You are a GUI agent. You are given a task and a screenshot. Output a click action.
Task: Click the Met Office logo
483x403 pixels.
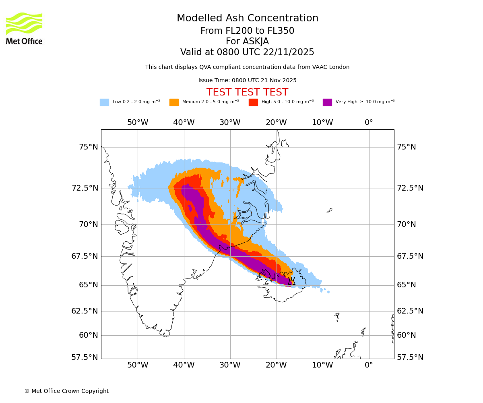tap(24, 29)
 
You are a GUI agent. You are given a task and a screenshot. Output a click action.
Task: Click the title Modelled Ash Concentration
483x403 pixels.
tap(248, 19)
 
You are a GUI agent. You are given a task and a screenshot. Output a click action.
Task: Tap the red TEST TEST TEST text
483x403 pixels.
tap(247, 92)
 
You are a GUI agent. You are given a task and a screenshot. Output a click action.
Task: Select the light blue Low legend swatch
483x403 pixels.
tap(104, 102)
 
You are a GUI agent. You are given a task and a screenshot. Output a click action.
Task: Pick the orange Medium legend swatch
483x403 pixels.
tap(174, 102)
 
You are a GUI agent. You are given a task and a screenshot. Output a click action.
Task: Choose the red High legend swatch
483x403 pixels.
tap(253, 102)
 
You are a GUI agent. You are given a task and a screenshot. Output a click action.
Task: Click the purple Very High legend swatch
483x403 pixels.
tap(327, 102)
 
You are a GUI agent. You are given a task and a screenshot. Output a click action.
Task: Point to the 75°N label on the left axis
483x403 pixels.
tap(88, 147)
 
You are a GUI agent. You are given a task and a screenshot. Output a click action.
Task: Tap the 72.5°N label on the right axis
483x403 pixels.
tap(410, 188)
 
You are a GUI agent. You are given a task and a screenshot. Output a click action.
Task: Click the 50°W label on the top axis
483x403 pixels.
tap(138, 123)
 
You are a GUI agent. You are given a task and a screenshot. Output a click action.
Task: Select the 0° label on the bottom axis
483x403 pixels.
tap(369, 365)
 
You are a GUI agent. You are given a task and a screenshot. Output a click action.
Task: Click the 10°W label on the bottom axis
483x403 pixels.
tap(322, 365)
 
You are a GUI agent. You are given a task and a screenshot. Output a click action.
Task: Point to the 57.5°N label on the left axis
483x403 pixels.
tap(85, 357)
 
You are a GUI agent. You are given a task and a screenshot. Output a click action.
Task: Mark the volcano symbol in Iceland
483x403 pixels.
tap(291, 281)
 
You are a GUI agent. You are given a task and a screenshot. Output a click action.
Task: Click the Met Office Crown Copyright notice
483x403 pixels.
tap(66, 391)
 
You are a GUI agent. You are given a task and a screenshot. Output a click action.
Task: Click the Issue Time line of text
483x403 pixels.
tap(247, 81)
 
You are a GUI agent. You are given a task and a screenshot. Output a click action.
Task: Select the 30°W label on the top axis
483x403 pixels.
tap(230, 123)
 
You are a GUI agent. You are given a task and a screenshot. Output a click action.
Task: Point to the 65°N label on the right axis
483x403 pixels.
tap(407, 285)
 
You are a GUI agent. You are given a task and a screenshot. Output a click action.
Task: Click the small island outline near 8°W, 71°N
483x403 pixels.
tap(329, 210)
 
